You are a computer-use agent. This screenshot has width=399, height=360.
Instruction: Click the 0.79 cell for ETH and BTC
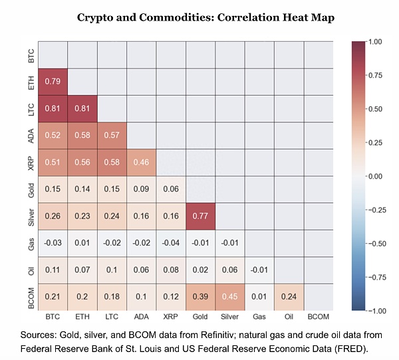coord(53,81)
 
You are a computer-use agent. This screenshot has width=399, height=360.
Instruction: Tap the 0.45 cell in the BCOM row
coord(229,296)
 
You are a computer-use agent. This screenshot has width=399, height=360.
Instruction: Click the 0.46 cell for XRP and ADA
coord(141,161)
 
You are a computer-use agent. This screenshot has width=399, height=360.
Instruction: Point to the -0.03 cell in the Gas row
coord(53,242)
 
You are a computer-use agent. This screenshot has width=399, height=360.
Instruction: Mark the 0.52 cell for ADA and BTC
coord(53,135)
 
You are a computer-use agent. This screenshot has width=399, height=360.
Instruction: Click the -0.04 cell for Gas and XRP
coord(170,242)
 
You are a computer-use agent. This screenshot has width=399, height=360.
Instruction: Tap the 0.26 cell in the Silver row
coord(53,215)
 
